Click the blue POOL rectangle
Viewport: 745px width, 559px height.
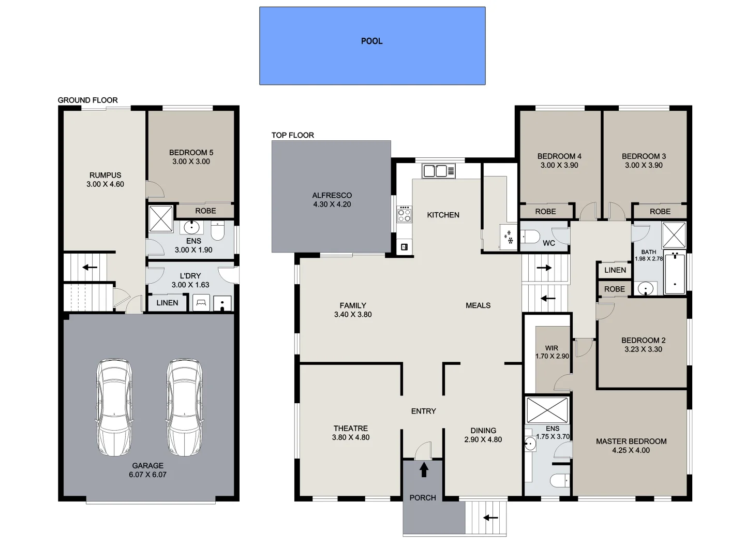pos(372,46)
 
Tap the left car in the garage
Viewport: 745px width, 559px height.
pos(114,407)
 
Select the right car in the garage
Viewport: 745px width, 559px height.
pos(184,407)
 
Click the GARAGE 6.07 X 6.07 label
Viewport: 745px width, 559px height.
pos(147,470)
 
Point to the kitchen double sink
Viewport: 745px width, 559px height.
pos(438,171)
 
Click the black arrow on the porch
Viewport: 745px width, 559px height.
pos(424,469)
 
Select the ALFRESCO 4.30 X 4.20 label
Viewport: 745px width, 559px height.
pos(332,200)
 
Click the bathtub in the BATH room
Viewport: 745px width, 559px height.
pos(675,273)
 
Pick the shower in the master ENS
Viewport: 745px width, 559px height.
pos(547,410)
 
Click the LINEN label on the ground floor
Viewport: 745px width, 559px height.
pos(167,303)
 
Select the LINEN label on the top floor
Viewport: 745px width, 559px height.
pos(615,270)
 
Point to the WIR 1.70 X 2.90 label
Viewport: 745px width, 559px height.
pos(552,352)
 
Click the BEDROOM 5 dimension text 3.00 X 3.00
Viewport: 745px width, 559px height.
pos(191,161)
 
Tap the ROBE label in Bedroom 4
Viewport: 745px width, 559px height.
pos(545,211)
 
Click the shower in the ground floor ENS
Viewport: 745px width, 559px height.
pos(160,218)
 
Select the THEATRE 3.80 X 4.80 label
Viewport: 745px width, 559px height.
pos(351,433)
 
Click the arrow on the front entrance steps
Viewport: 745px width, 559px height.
pos(490,517)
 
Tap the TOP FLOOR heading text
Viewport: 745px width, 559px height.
pos(292,135)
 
